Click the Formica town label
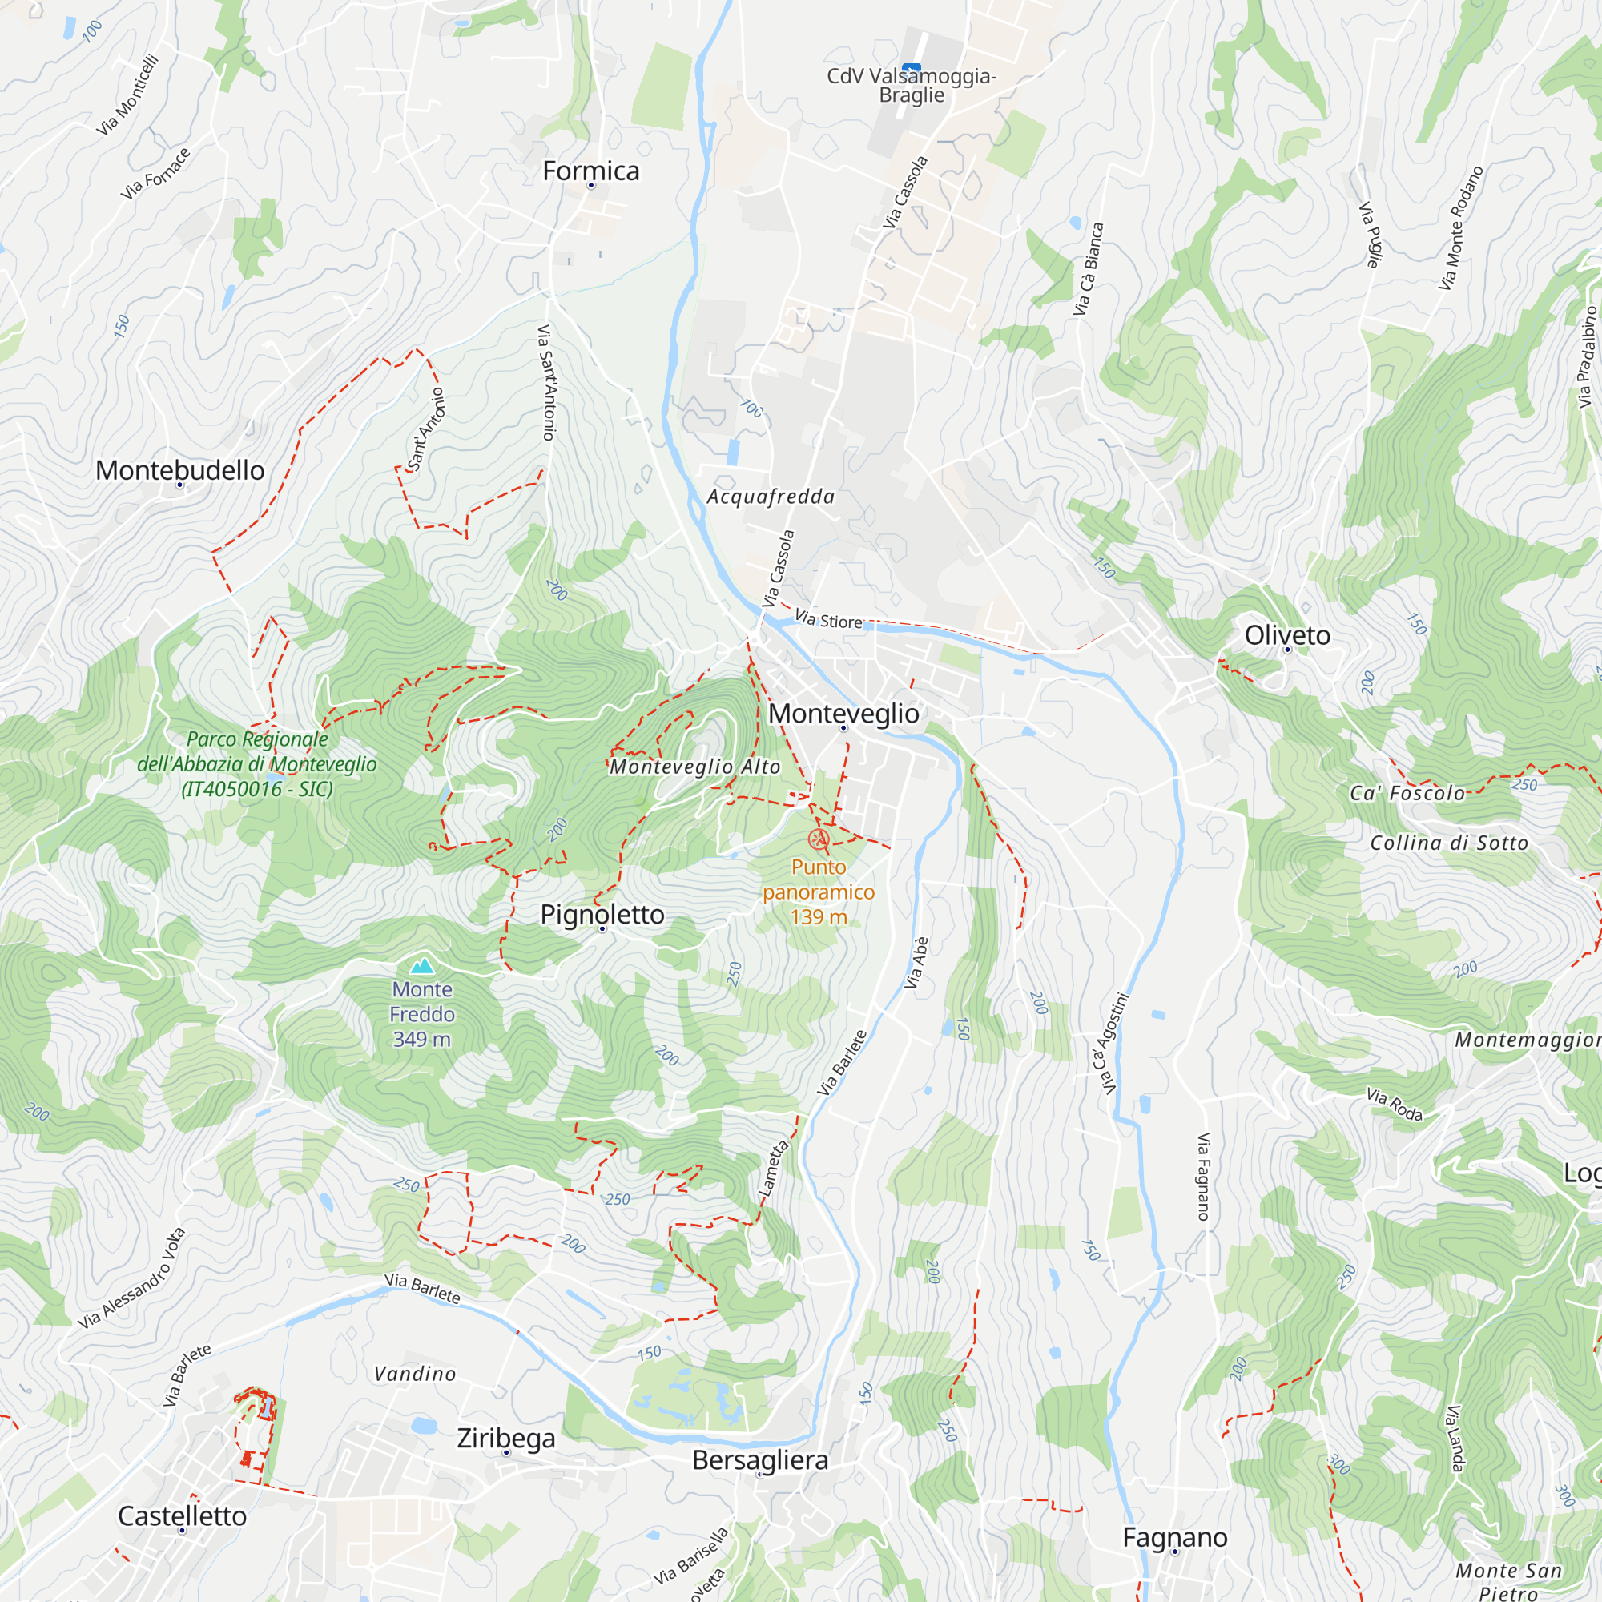click(590, 171)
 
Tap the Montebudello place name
click(180, 470)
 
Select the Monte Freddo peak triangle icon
click(422, 965)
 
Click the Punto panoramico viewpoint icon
click(819, 840)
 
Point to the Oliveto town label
click(1287, 635)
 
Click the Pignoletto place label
click(602, 914)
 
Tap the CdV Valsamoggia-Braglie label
click(912, 86)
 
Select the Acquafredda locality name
click(771, 497)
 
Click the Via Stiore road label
click(828, 619)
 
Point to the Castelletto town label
click(183, 1515)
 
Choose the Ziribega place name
click(505, 1438)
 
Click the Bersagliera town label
click(759, 1460)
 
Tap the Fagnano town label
click(1174, 1537)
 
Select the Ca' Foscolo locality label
click(1407, 794)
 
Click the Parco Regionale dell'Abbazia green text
click(257, 763)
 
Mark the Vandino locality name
click(415, 1374)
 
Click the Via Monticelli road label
click(127, 95)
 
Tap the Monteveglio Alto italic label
click(694, 767)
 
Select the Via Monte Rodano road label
click(1460, 228)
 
